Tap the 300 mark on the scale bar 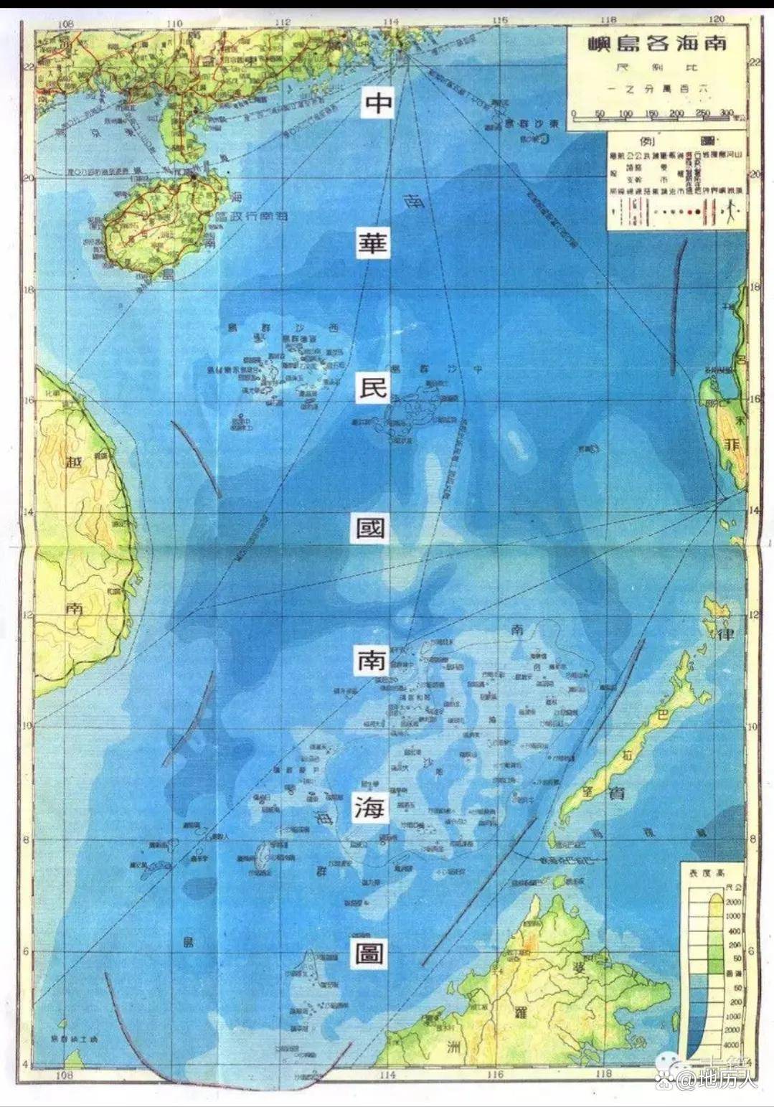(725, 113)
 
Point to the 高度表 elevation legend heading (704, 873)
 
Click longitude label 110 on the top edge (174, 23)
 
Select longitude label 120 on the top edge (715, 19)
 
